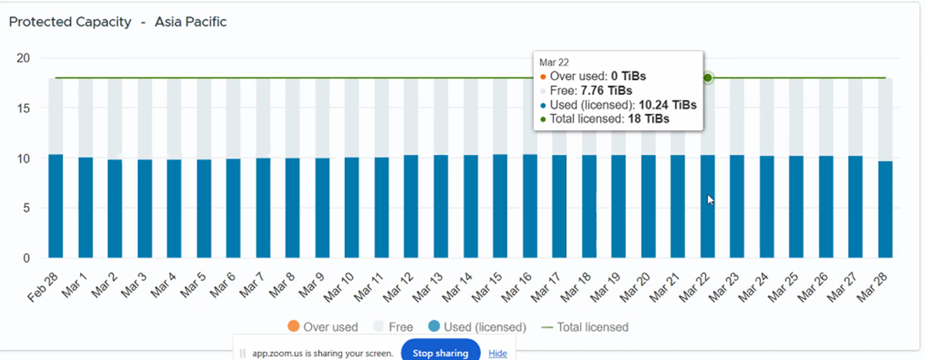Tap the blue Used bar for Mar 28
pos(885,209)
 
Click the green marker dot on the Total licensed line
pos(708,78)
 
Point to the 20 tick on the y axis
pos(23,58)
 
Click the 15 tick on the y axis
pos(23,108)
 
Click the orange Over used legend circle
pos(294,327)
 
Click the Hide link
pos(497,353)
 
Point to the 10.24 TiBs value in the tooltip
pos(668,105)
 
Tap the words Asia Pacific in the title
pos(190,22)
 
